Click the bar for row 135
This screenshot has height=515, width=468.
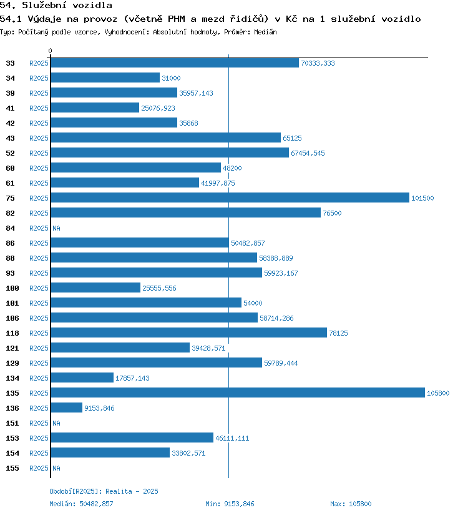click(x=238, y=392)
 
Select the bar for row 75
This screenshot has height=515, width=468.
click(x=230, y=197)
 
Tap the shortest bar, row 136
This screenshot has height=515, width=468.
click(x=67, y=407)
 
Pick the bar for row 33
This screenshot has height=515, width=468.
click(x=175, y=62)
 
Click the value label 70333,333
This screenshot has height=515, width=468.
click(x=318, y=63)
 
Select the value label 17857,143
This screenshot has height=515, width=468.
click(x=132, y=378)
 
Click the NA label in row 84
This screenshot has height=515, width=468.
click(x=56, y=228)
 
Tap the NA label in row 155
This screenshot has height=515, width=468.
click(x=56, y=468)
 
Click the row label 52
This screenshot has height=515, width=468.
click(x=11, y=153)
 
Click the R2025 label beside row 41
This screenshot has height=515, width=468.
click(x=39, y=108)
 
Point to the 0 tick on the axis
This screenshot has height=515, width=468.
click(x=51, y=51)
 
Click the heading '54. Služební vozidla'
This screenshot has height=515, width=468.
click(x=56, y=6)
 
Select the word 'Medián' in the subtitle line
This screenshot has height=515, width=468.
click(x=265, y=32)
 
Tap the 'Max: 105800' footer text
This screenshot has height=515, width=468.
click(x=351, y=504)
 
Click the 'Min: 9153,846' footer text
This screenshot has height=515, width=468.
click(x=230, y=504)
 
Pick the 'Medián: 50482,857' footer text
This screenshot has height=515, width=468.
click(x=81, y=504)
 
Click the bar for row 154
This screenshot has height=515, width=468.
click(x=110, y=452)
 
